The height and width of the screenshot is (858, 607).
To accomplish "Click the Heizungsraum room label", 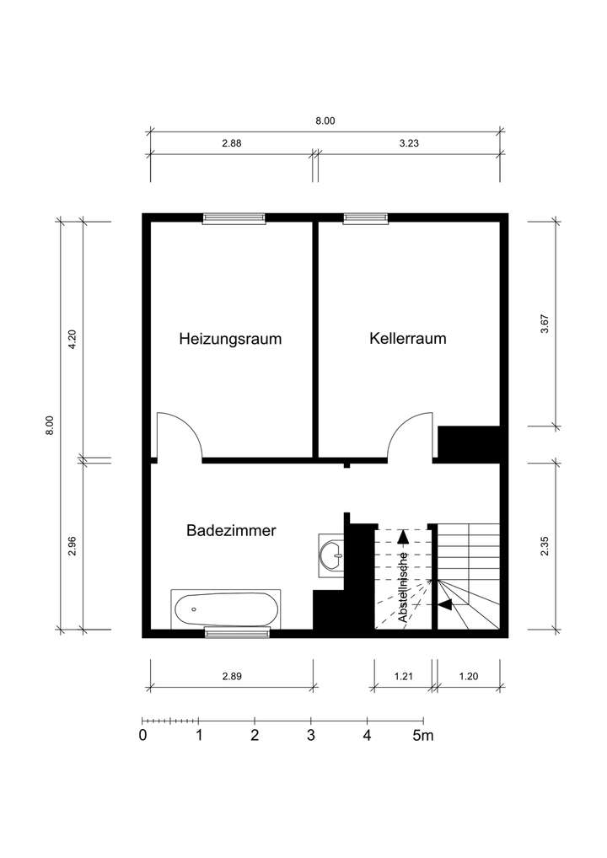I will [230, 340].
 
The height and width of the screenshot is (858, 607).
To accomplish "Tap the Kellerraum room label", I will [407, 339].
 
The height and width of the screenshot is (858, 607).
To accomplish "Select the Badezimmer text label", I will [231, 531].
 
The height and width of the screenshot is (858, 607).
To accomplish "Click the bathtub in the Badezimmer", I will [226, 609].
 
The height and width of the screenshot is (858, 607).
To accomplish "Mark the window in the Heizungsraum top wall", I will [234, 219].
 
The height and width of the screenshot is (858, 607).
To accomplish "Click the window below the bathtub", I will [238, 633].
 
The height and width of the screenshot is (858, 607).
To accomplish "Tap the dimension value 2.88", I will [232, 143].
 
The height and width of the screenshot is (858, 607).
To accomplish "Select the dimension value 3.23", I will [409, 143].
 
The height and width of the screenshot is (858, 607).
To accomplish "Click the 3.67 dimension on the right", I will [545, 324].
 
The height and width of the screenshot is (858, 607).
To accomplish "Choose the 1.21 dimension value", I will [404, 677].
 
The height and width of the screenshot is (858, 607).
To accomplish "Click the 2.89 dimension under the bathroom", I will [232, 677].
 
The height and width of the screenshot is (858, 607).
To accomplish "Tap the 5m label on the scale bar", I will [422, 736].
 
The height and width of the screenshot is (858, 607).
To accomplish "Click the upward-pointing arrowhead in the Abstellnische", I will [403, 534].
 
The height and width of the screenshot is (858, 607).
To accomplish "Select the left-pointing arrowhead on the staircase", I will [445, 603].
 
